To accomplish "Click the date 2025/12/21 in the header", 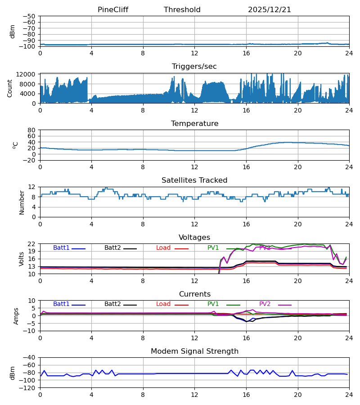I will [x=270, y=10].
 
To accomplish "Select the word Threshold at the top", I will [x=182, y=10].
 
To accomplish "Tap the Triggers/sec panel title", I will [x=194, y=67].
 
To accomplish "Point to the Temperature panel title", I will [x=194, y=124].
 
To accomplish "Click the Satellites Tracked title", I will [x=194, y=180].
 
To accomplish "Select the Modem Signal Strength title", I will [x=194, y=351].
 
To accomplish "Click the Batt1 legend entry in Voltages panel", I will [x=62, y=248].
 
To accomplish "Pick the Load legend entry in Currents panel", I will [x=163, y=304].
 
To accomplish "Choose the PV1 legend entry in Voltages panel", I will [x=213, y=248].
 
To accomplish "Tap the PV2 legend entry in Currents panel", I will [x=265, y=304].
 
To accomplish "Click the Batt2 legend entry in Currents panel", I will [x=113, y=304].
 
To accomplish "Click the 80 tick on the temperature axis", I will [x=31, y=130].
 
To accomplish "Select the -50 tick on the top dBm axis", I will [x=29, y=16].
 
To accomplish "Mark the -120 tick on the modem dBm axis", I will [x=27, y=387].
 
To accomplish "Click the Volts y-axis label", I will [x=22, y=259].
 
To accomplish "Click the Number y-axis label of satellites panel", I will [x=22, y=202].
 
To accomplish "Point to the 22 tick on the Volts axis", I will [x=31, y=244].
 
